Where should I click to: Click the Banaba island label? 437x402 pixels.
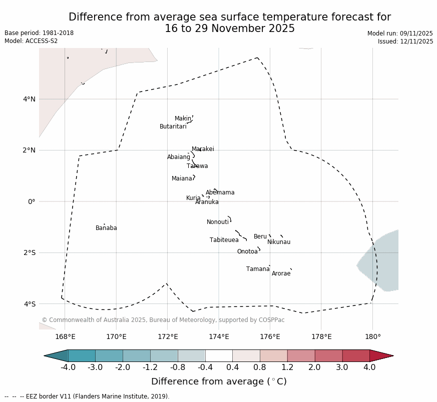click(x=106, y=228)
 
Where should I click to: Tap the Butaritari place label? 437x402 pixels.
click(x=173, y=126)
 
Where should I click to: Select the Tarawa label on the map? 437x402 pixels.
click(x=197, y=166)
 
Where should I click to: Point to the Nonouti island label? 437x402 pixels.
click(x=218, y=222)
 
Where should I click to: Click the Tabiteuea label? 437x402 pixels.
click(x=224, y=240)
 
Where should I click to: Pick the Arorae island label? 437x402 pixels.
click(x=281, y=273)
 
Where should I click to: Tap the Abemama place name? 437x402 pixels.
click(x=220, y=192)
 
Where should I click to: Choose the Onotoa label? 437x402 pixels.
click(x=247, y=251)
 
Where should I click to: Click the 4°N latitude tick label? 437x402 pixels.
click(x=30, y=99)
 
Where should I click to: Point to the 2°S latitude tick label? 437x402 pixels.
click(x=30, y=252)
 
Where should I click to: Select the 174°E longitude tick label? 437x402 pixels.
click(x=219, y=336)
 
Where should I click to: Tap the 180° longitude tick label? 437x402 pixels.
click(x=372, y=336)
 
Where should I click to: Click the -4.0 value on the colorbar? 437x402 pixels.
click(x=68, y=367)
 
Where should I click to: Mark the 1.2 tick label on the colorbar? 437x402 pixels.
click(x=287, y=367)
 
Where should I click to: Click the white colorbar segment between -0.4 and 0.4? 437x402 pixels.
click(x=219, y=355)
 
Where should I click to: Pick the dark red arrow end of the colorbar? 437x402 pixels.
click(x=381, y=355)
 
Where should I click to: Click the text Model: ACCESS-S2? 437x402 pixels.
click(x=31, y=41)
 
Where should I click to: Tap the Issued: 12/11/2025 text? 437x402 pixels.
click(x=405, y=41)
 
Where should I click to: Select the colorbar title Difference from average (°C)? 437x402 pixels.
click(x=219, y=381)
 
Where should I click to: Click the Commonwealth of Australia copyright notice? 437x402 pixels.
click(x=163, y=320)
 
